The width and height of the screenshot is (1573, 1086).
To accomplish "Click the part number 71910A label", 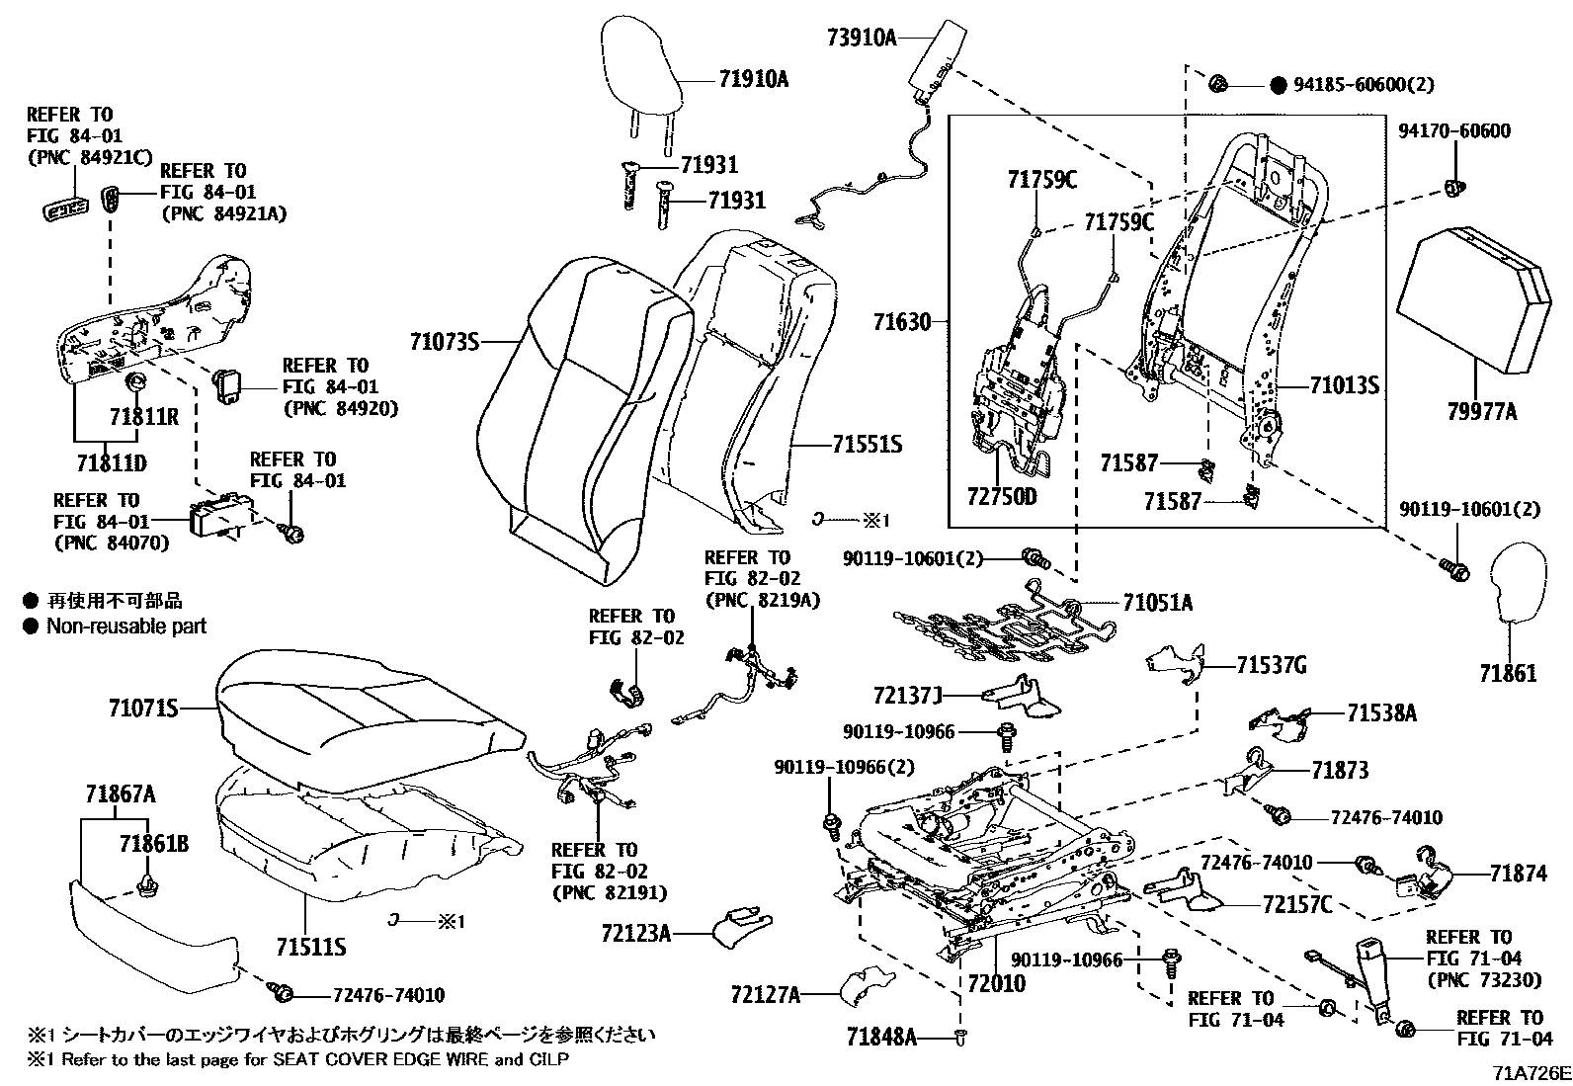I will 754,80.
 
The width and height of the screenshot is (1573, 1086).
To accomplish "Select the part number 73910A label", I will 861,39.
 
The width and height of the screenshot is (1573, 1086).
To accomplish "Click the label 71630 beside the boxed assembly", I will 902,322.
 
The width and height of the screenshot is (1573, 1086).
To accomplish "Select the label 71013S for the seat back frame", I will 1345,385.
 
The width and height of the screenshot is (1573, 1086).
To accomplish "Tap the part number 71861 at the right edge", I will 1508,674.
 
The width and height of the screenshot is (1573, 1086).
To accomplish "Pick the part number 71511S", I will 311,948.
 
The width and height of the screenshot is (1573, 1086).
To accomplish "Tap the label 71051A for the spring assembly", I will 1157,602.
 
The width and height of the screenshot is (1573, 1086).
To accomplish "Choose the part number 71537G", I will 1272,666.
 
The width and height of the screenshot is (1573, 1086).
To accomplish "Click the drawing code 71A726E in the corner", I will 1532,1073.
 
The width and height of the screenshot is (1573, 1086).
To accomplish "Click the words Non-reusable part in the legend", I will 126,626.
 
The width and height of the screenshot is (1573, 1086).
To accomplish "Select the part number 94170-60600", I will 1454,131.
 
